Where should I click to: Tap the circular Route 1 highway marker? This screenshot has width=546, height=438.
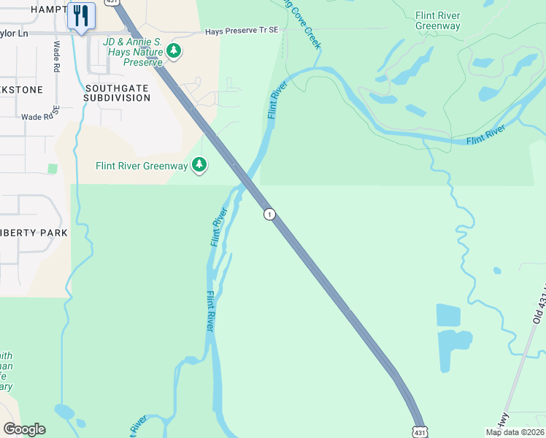270,214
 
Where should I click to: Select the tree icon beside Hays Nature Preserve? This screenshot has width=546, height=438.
174,50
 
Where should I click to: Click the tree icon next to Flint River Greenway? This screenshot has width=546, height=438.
199,165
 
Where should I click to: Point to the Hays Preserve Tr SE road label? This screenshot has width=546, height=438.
242,31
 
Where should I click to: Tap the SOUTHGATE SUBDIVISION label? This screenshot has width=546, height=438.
117,93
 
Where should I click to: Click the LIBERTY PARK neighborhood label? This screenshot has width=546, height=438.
34,233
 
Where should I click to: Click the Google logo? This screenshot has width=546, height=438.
23,429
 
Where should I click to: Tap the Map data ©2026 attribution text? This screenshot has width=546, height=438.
515,432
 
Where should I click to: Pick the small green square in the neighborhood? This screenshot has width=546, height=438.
53,169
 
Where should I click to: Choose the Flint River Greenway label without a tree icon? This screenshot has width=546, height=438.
438,20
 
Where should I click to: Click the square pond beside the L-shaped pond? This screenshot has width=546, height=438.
448,315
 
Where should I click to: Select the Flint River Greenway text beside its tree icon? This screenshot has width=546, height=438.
142,166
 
